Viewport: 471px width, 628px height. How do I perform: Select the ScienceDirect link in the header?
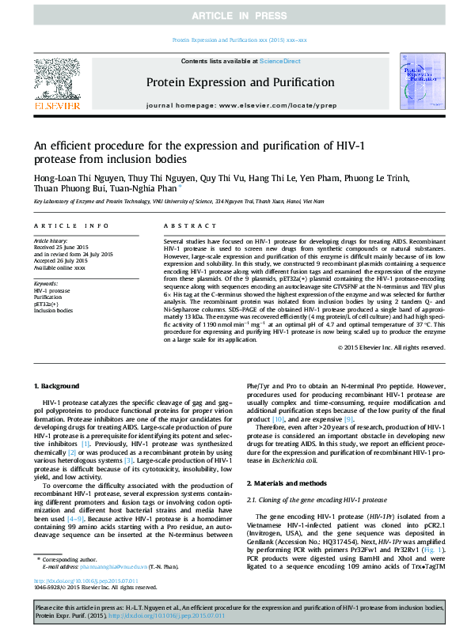click(x=279, y=61)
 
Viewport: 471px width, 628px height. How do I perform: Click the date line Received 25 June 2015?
click(x=62, y=245)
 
